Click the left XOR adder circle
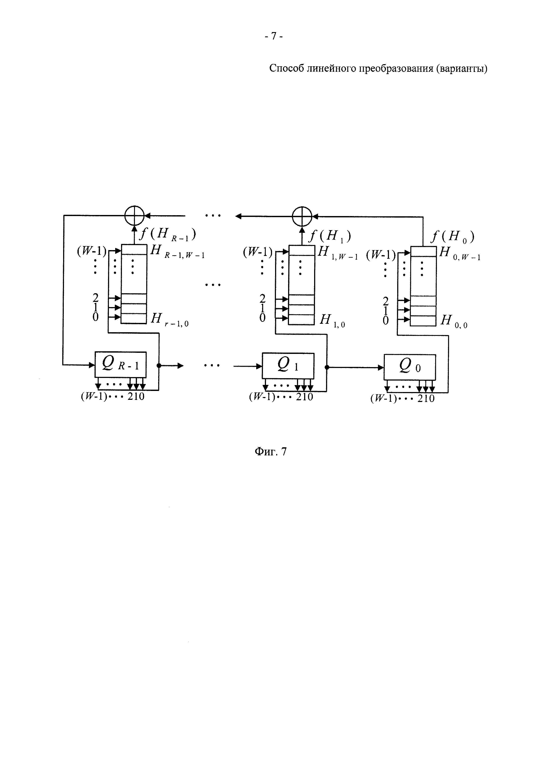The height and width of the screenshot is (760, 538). click(x=134, y=216)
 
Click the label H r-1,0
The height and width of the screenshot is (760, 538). click(x=169, y=319)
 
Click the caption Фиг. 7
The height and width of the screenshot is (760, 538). click(x=270, y=451)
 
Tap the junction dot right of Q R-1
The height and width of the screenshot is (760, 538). click(x=159, y=365)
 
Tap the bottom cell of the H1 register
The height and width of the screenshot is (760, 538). click(x=301, y=319)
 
